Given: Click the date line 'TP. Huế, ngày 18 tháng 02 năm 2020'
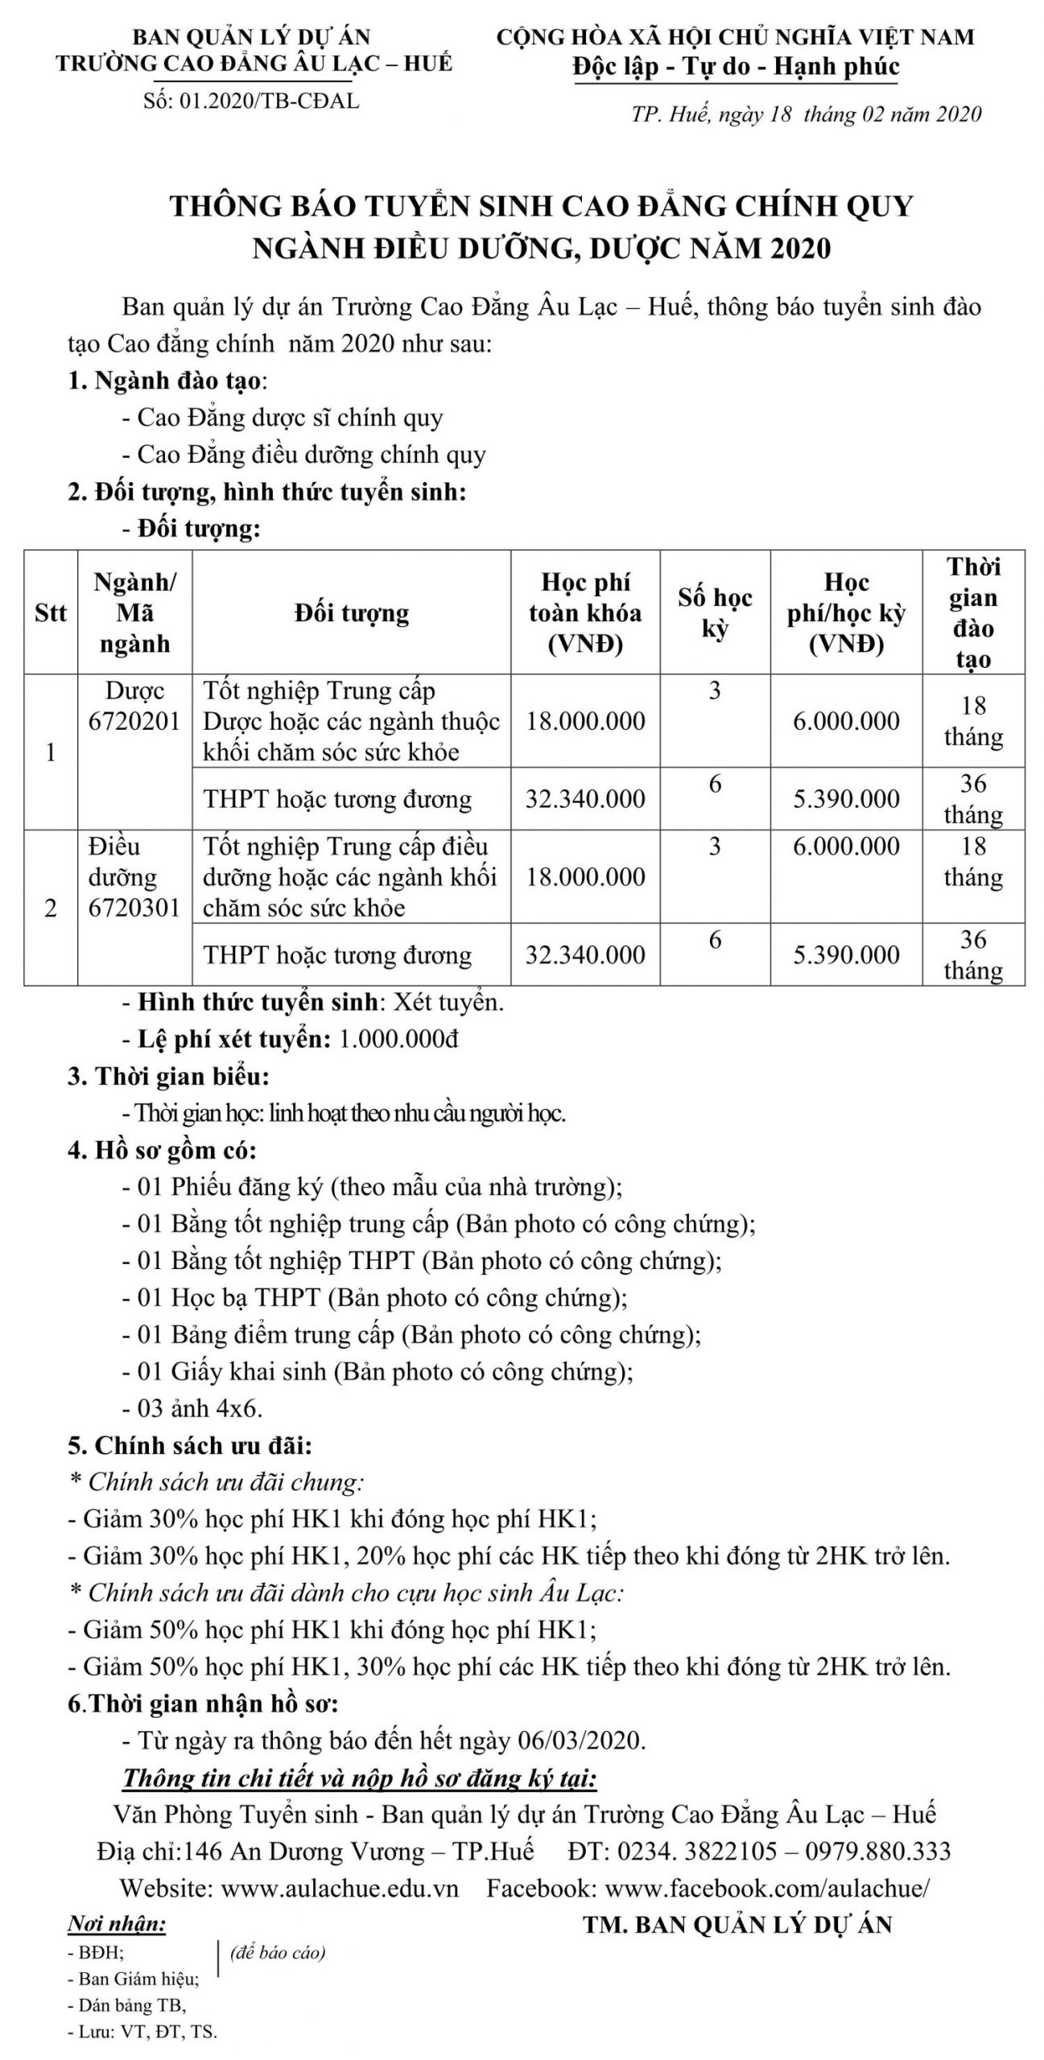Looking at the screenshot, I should pyautogui.click(x=806, y=113).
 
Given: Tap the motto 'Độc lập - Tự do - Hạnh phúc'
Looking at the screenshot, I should pyautogui.click(x=736, y=67).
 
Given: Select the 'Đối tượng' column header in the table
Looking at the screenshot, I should pyautogui.click(x=352, y=613).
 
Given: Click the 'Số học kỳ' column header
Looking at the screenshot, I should pyautogui.click(x=715, y=613).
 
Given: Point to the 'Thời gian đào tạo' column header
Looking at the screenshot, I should pyautogui.click(x=973, y=613).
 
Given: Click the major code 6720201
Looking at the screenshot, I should pyautogui.click(x=134, y=721).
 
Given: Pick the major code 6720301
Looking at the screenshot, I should pyautogui.click(x=134, y=908).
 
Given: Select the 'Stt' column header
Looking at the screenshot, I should pyautogui.click(x=51, y=613).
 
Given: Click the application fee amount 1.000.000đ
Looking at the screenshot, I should pyautogui.click(x=399, y=1039).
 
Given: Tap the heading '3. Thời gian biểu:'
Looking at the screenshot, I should pyautogui.click(x=168, y=1076).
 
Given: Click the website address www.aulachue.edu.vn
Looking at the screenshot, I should pyautogui.click(x=339, y=1888).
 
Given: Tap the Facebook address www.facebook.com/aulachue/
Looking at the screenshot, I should pyautogui.click(x=769, y=1888).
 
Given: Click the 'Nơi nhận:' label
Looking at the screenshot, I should pyautogui.click(x=117, y=1924).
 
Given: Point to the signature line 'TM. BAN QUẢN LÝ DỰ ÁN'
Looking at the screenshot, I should pyautogui.click(x=737, y=1924).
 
